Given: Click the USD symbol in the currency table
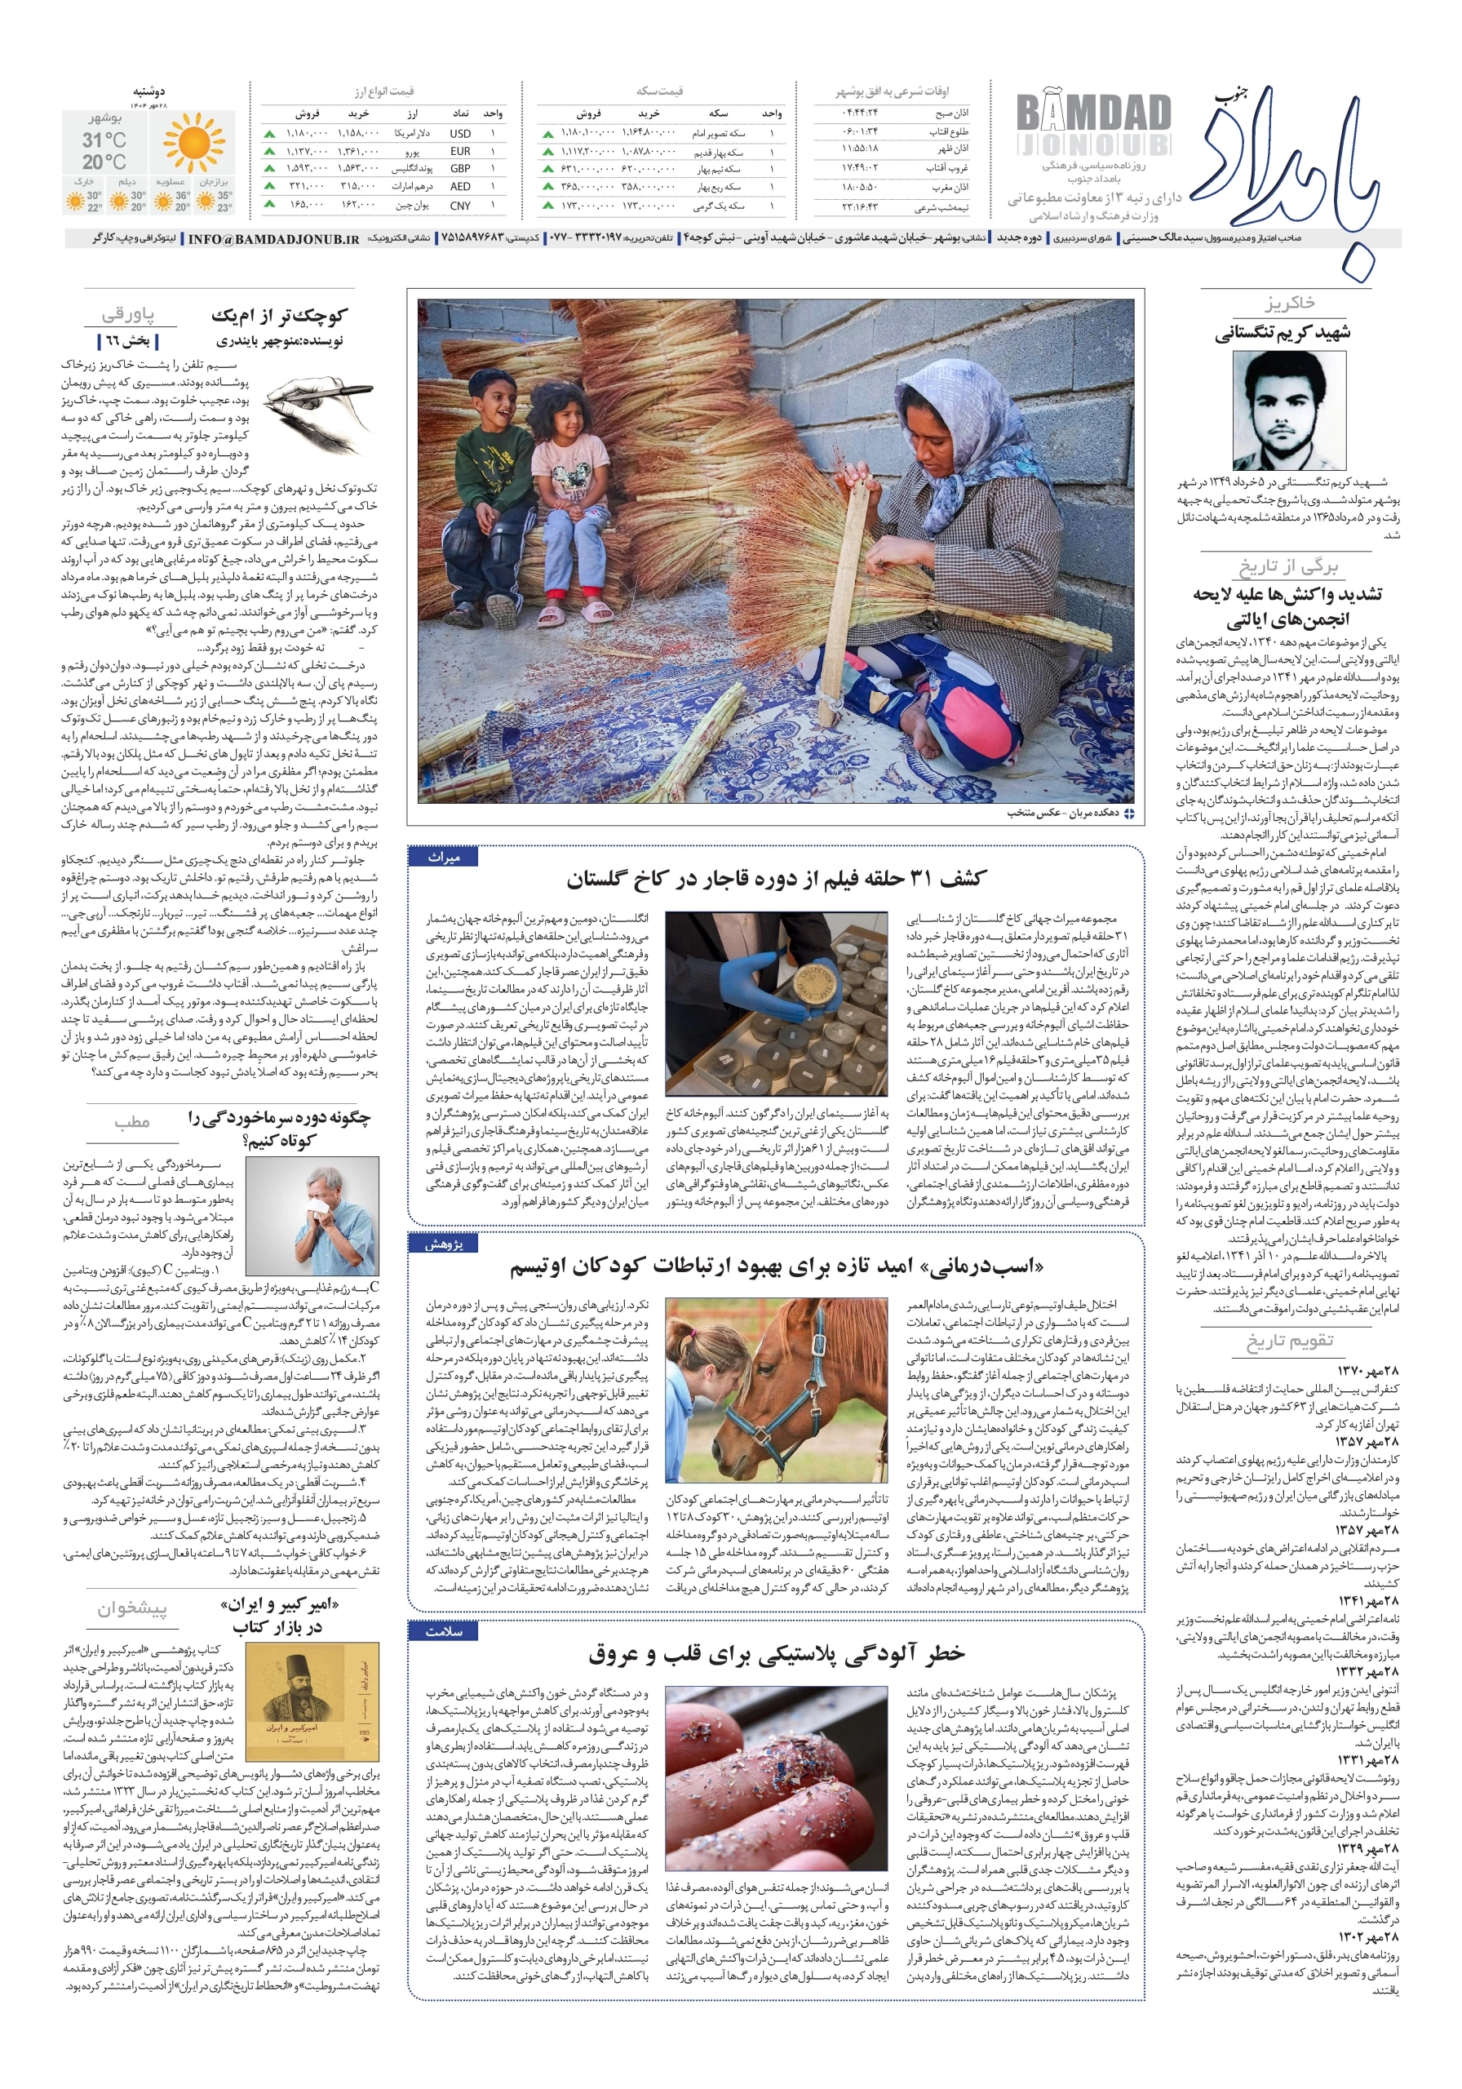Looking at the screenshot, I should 460,134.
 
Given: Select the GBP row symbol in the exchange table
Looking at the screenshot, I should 460,169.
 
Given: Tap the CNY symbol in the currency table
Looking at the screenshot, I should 460,206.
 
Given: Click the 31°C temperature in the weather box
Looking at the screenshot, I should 104,140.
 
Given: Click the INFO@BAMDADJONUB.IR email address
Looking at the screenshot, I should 273,239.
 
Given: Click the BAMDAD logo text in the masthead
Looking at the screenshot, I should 1092,113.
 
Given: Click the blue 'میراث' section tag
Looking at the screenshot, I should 444,857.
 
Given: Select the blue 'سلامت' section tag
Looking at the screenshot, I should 444,1631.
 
